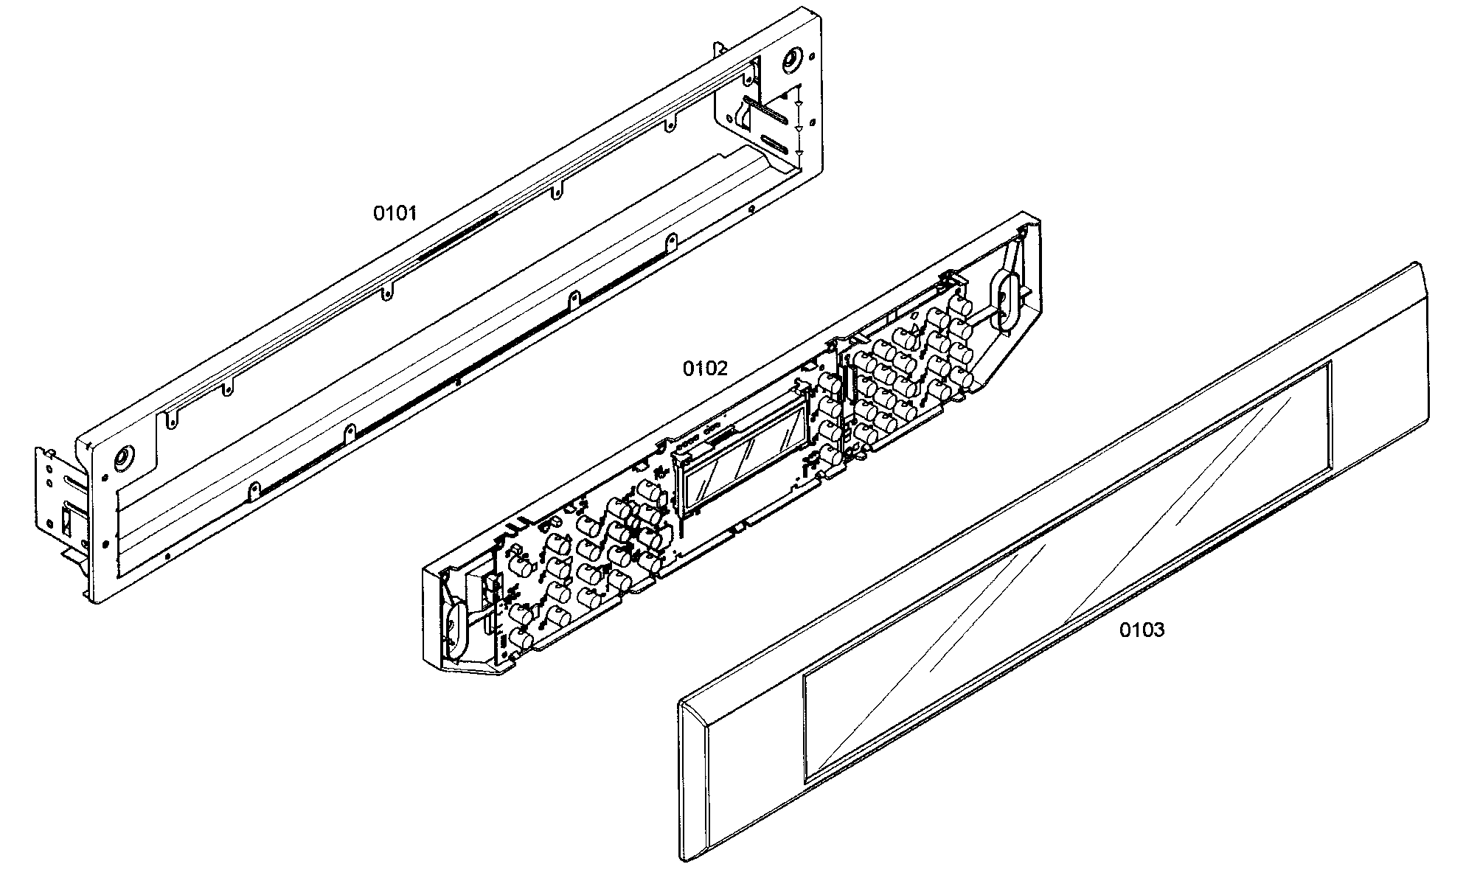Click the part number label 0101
pyautogui.click(x=395, y=214)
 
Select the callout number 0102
pyautogui.click(x=704, y=369)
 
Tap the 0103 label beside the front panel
pyautogui.click(x=1142, y=630)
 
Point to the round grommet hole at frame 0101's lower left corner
pyautogui.click(x=123, y=460)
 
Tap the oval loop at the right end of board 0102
pyautogui.click(x=1004, y=301)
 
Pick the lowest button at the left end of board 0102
pyautogui.click(x=521, y=640)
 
